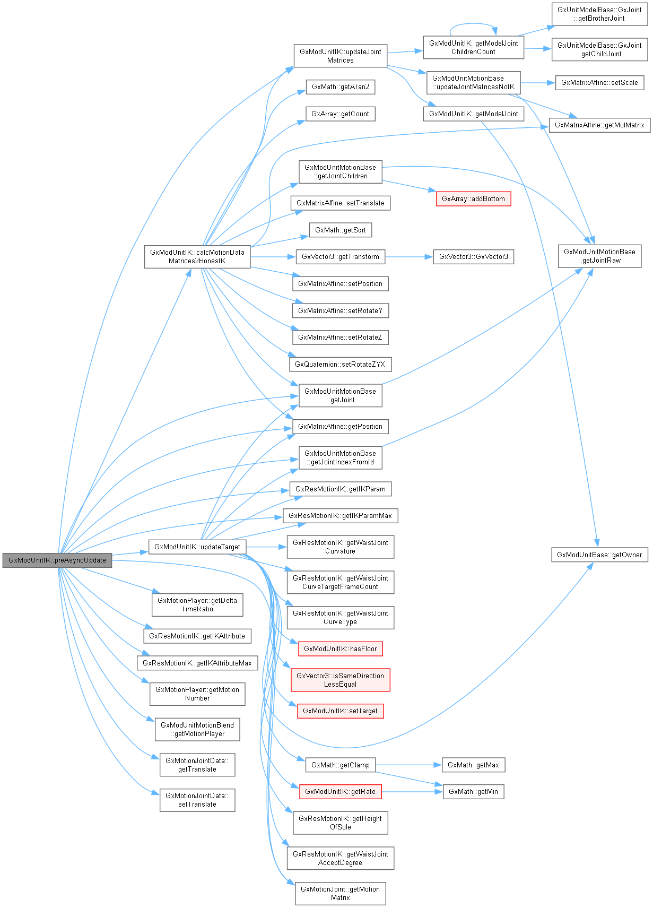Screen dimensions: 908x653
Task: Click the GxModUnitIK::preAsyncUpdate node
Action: pos(57,560)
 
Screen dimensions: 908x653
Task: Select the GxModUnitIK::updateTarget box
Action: pos(197,547)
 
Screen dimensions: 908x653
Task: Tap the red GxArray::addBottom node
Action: pos(473,198)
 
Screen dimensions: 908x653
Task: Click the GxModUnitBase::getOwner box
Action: pos(599,555)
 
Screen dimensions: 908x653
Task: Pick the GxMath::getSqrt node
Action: pos(340,230)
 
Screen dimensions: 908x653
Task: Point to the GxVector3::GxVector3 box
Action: pos(473,256)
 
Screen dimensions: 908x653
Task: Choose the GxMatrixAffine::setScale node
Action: pos(599,82)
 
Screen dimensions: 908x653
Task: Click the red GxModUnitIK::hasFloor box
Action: pos(340,648)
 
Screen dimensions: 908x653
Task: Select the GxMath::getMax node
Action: pos(473,765)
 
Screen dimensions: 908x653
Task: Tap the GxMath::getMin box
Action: pos(473,791)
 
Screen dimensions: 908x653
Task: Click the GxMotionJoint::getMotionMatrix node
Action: pos(340,893)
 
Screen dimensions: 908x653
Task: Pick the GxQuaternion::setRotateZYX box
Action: pos(340,364)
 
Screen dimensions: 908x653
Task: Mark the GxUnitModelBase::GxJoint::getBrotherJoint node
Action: pos(599,14)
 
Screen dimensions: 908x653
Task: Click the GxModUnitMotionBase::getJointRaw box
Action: pos(599,256)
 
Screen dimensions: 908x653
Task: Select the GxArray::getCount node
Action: pos(340,114)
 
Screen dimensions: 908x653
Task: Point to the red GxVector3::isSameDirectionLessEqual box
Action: pos(340,680)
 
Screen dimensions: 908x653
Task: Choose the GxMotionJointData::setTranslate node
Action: pos(197,800)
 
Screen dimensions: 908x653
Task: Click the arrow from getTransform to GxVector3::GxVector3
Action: pos(408,256)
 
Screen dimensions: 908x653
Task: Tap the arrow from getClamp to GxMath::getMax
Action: pos(408,765)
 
